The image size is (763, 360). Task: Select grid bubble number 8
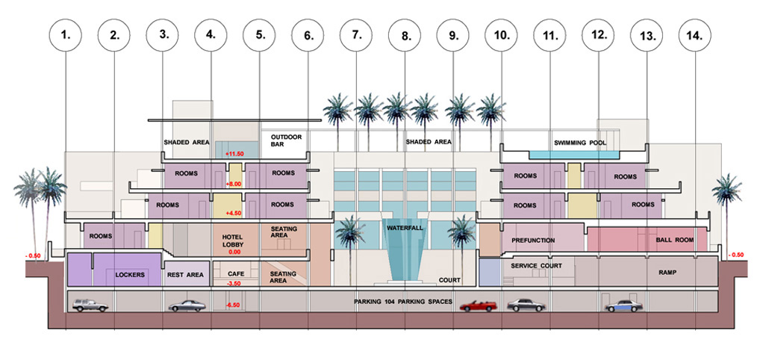click(405, 34)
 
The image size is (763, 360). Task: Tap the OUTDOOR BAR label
click(284, 142)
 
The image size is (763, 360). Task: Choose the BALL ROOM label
click(670, 240)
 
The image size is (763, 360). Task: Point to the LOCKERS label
click(130, 275)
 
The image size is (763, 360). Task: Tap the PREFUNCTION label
click(534, 240)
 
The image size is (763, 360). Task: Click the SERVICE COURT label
click(536, 266)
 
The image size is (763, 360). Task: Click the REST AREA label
click(186, 275)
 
